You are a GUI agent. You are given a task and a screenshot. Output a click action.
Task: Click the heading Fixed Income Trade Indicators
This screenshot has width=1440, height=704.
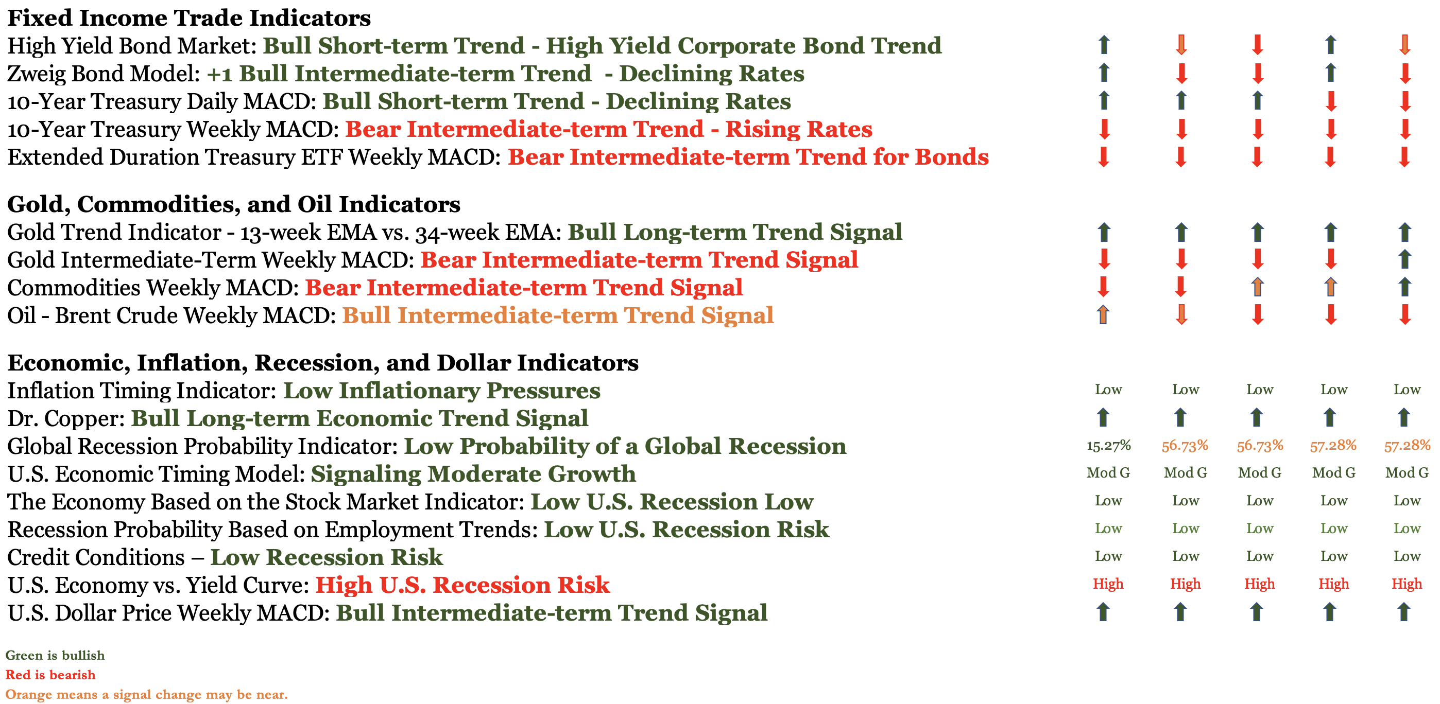click(189, 18)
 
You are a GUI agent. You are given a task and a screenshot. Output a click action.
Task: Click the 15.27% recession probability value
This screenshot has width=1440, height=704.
click(1108, 446)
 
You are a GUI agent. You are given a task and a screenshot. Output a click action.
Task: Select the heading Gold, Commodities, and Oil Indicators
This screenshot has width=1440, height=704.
click(234, 204)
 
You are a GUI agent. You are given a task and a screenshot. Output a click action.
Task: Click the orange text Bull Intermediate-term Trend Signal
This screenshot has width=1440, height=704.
click(558, 315)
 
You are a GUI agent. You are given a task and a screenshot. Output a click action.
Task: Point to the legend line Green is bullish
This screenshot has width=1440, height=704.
click(55, 656)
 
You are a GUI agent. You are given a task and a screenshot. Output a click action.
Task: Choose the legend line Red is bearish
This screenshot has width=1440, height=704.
click(50, 675)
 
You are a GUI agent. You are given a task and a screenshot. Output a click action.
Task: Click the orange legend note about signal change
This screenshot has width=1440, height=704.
click(146, 695)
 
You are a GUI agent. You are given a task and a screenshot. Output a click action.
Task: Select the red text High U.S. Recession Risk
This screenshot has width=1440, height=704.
click(462, 585)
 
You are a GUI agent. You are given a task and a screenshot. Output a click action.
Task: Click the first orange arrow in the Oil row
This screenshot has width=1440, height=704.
click(1103, 315)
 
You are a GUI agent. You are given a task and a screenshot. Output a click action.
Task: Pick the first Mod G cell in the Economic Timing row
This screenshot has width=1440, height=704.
click(1108, 473)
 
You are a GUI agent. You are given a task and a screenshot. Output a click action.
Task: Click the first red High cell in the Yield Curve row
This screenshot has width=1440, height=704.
click(1108, 584)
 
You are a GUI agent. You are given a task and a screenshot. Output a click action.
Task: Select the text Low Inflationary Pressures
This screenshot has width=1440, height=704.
click(441, 391)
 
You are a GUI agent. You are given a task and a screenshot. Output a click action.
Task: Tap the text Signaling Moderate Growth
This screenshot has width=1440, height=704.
click(473, 474)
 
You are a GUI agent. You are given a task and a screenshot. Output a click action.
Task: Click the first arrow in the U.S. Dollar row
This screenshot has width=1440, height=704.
click(1103, 612)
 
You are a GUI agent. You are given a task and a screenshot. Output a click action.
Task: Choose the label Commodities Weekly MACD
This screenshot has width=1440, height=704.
click(152, 288)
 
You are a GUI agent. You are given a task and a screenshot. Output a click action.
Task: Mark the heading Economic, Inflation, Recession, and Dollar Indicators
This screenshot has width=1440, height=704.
click(322, 363)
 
